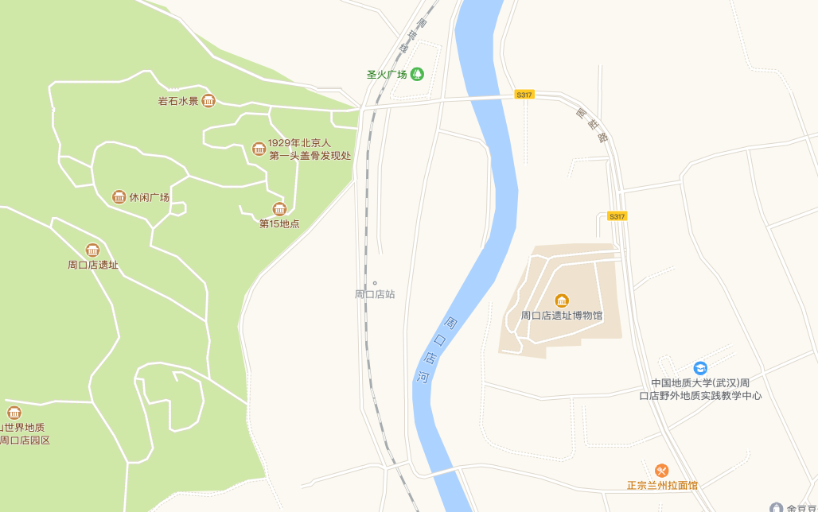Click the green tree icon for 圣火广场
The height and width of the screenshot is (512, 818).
[x=417, y=74]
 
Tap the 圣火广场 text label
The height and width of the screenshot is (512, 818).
[x=387, y=75]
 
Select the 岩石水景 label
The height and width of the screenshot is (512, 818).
[x=177, y=101]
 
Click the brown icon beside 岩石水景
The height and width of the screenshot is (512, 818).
[x=208, y=100]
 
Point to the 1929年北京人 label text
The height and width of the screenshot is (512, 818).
[x=298, y=143]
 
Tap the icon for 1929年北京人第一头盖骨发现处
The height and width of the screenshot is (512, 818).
[x=259, y=149]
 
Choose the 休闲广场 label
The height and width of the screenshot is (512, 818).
[x=150, y=197]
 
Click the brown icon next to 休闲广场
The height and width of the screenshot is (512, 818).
[x=119, y=197]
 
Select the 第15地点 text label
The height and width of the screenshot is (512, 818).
[x=279, y=223]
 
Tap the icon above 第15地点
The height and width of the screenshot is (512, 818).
[x=279, y=209]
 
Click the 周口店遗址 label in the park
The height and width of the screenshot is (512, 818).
[x=93, y=265]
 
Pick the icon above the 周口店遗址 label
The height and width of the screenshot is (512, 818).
[x=93, y=250]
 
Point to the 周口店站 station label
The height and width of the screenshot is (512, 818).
[x=375, y=294]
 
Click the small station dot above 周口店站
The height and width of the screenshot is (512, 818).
[x=375, y=282]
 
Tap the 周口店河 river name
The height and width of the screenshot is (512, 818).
[x=437, y=350]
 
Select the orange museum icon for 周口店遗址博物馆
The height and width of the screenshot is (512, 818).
[x=562, y=301]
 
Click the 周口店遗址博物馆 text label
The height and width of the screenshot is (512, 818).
[x=562, y=316]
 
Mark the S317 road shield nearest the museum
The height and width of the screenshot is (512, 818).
[x=617, y=216]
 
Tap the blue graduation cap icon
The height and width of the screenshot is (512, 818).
[x=700, y=368]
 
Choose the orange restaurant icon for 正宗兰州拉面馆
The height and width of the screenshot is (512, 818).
[x=661, y=471]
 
